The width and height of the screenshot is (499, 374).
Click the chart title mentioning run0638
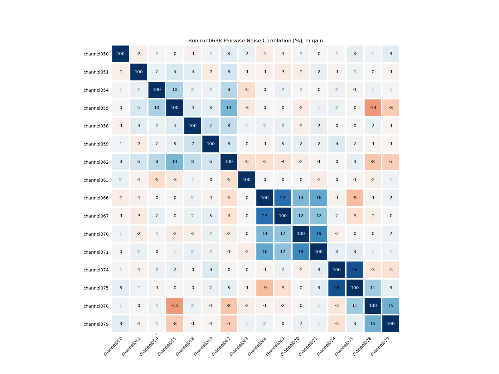tap(255, 41)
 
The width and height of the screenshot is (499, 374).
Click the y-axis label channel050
tap(96, 54)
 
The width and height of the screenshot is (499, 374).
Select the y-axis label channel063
tap(96, 180)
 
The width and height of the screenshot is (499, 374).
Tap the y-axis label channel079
tap(96, 324)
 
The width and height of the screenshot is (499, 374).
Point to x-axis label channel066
tap(257, 346)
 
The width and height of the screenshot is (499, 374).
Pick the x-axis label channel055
tap(167, 346)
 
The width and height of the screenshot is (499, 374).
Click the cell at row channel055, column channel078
tap(373, 108)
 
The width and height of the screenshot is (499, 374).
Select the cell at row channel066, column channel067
tap(283, 198)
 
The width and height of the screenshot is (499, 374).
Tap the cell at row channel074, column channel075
tap(355, 270)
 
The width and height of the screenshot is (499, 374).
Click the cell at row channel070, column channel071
tap(319, 234)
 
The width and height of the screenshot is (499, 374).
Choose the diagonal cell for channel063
tap(247, 180)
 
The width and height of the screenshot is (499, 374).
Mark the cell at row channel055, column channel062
tap(229, 108)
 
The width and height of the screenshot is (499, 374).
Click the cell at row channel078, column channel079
tap(391, 306)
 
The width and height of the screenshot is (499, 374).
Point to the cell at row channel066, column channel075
tap(355, 198)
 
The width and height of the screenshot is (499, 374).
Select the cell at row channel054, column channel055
tap(175, 90)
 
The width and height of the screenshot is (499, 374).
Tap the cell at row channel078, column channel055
tap(175, 306)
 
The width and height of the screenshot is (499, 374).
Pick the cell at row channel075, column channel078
tap(373, 288)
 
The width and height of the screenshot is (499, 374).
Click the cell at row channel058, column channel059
tap(211, 126)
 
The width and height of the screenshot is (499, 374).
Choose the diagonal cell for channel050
tap(121, 54)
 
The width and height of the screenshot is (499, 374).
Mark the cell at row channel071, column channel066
tap(265, 252)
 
